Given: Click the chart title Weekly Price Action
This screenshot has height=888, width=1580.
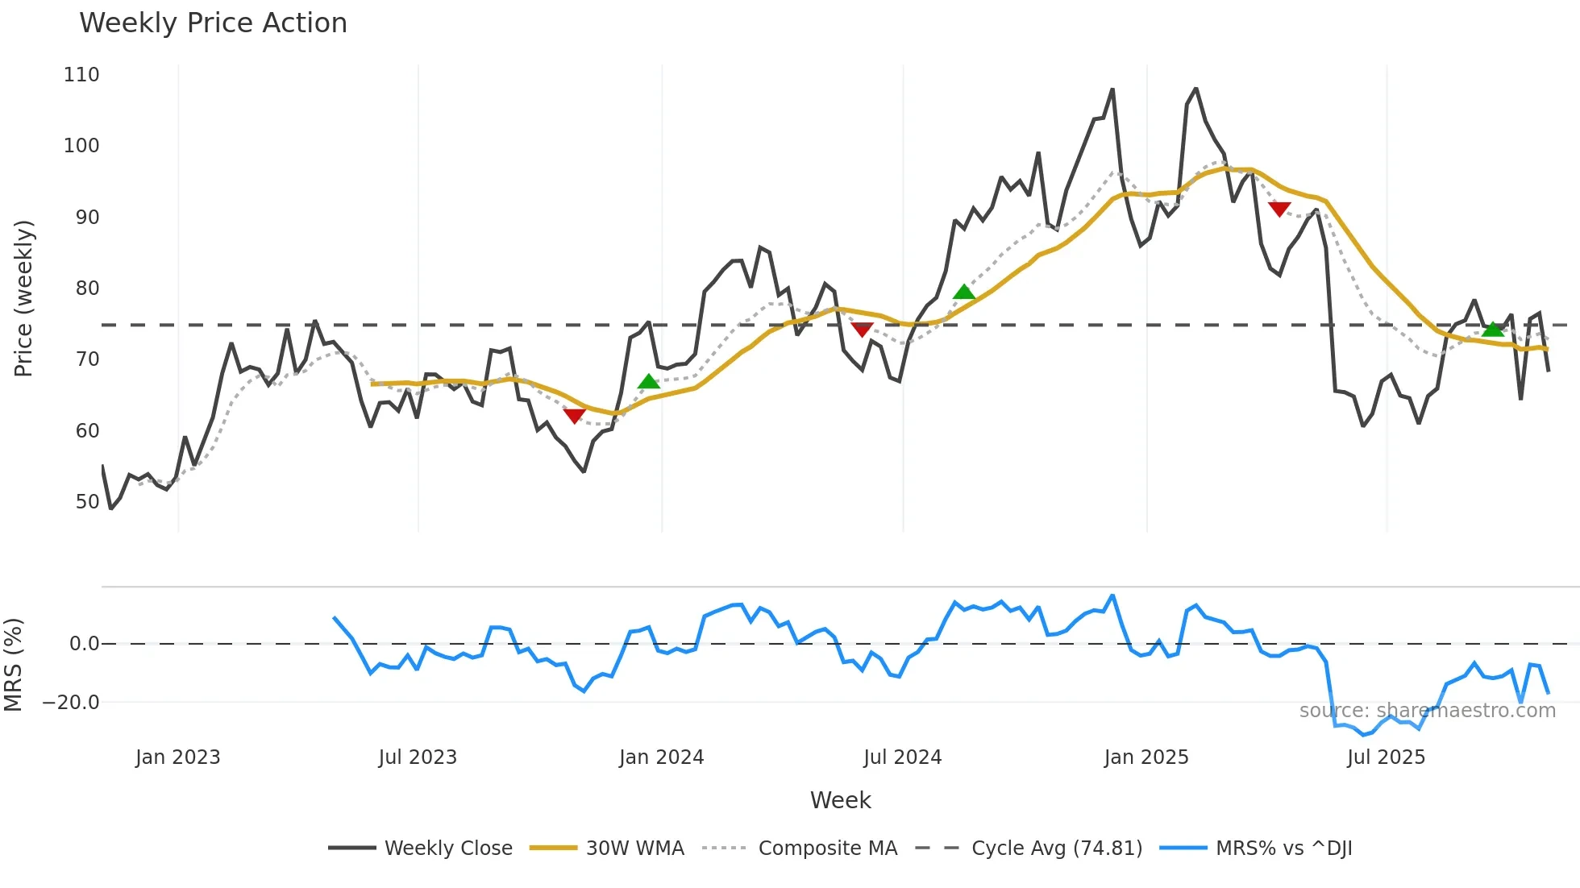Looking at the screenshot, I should tap(213, 23).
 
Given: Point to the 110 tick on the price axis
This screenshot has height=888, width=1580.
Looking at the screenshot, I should tap(81, 75).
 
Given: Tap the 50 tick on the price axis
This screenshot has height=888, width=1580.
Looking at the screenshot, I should tap(87, 502).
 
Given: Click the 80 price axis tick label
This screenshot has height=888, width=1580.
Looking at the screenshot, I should tap(87, 288).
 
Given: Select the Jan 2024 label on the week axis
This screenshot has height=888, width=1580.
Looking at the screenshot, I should tap(661, 757).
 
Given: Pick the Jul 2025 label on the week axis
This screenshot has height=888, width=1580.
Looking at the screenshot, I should tap(1386, 757).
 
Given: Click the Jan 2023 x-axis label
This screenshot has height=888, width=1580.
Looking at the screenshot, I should tap(177, 757).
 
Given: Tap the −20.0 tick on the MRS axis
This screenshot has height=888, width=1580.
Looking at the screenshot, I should tap(71, 703).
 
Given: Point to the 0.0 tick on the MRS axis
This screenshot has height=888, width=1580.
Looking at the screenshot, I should tap(84, 644).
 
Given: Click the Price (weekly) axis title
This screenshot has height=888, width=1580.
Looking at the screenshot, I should tap(23, 298).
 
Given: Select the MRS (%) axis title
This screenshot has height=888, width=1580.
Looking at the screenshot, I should tap(13, 665).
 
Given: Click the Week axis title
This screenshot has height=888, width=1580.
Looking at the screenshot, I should tap(840, 800).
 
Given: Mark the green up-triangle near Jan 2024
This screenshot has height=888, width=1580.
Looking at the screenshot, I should tap(649, 382).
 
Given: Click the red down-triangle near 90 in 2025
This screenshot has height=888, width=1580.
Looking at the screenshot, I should tap(1279, 210).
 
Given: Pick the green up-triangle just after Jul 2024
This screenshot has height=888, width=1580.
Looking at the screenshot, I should tap(964, 292).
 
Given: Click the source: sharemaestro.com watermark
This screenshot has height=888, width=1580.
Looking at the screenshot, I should tap(1427, 711).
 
